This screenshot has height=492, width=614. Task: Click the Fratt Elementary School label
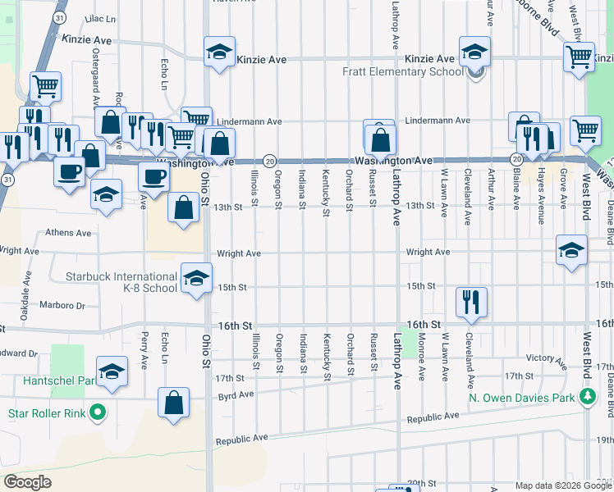(403, 71)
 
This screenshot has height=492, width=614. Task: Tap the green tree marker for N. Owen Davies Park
(587, 399)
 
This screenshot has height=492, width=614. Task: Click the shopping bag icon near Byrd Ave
(173, 403)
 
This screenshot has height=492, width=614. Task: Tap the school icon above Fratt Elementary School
(474, 52)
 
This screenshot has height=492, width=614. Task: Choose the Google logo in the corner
(28, 481)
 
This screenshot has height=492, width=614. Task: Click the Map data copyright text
(547, 485)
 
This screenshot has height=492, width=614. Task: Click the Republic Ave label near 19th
(242, 440)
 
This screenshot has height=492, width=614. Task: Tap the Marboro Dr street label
(62, 305)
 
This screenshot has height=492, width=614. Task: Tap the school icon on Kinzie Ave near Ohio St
(219, 52)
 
